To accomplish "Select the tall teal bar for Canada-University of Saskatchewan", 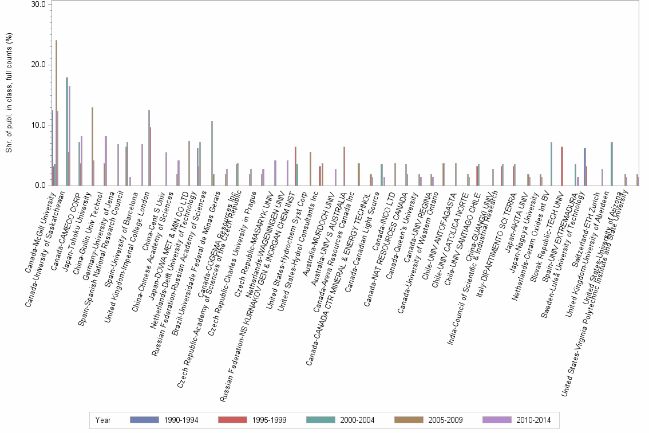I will (67, 131).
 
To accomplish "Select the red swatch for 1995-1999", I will (232, 420).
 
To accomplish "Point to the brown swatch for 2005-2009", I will (408, 420).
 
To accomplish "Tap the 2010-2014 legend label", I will (532, 420).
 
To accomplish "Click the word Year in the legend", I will (104, 420).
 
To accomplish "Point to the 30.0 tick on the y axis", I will (37, 4).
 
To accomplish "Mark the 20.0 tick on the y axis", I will (37, 64).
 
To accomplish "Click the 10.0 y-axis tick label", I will (37, 125).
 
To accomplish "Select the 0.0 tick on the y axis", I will (39, 185).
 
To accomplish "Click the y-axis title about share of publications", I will (8, 95).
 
